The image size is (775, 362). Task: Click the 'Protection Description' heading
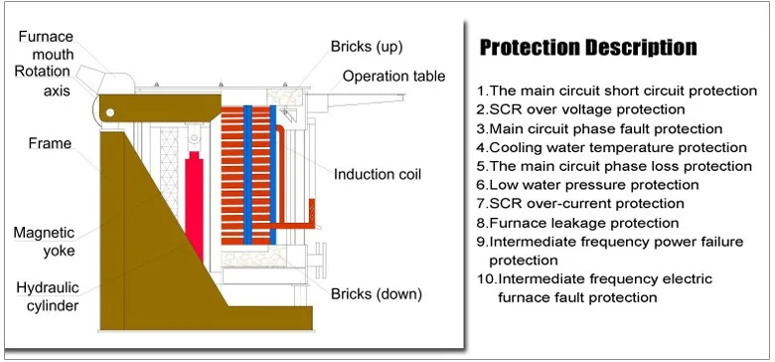coord(588,48)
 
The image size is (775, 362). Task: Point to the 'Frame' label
coord(50,143)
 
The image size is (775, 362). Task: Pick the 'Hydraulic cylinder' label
coord(47,296)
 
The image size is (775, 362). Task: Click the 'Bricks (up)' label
coord(367,47)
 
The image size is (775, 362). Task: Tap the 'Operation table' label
coord(393,77)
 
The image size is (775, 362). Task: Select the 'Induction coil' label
coord(377,174)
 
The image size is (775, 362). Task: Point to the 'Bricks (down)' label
coord(377,293)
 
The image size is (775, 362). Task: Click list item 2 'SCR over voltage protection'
coord(580,109)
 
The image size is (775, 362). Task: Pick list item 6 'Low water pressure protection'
coord(587,185)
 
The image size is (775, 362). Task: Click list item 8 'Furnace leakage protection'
coord(577,223)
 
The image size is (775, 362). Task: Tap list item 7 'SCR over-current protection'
coord(580,204)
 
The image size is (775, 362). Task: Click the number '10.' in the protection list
coord(486,279)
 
